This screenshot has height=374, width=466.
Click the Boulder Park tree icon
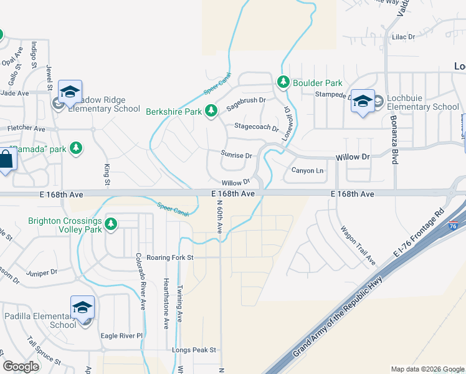283,82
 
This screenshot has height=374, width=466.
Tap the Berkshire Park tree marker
211,111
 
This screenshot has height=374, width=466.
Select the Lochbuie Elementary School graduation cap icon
362,101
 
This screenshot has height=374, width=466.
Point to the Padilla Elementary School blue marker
82,309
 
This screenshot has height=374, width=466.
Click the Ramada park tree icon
76,148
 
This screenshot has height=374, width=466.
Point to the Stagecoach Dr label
256,127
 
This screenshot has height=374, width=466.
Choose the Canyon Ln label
308,171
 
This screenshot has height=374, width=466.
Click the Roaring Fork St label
166,257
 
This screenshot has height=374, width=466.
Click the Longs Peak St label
195,350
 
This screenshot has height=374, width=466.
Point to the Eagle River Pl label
123,335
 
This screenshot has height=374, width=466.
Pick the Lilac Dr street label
403,37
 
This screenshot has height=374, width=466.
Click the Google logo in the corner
21,367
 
